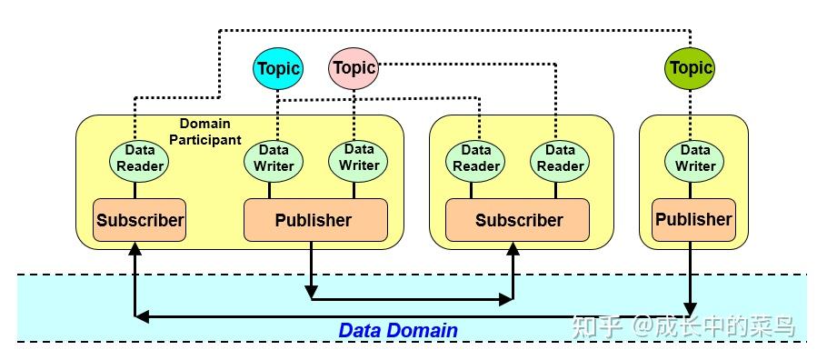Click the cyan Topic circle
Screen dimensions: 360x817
(278, 68)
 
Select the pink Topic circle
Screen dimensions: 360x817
(354, 67)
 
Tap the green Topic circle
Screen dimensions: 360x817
(691, 67)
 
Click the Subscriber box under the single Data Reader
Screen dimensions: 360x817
(140, 220)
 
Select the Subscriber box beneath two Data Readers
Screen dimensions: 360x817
(518, 220)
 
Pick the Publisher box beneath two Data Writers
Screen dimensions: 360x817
(313, 220)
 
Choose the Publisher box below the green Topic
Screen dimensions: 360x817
(693, 219)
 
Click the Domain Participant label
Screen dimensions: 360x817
(204, 131)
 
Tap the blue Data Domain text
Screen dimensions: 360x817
(398, 331)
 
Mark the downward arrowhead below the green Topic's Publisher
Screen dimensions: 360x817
(692, 307)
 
